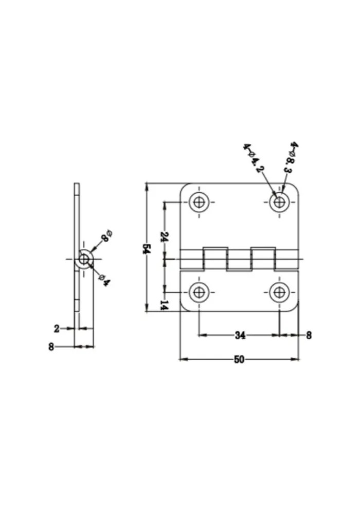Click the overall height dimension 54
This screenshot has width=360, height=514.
click(146, 248)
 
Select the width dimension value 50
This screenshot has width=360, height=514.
click(239, 359)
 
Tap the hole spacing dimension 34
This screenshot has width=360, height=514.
click(240, 335)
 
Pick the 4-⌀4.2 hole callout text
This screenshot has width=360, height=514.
click(254, 158)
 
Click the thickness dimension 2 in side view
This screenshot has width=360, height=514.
click(57, 328)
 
